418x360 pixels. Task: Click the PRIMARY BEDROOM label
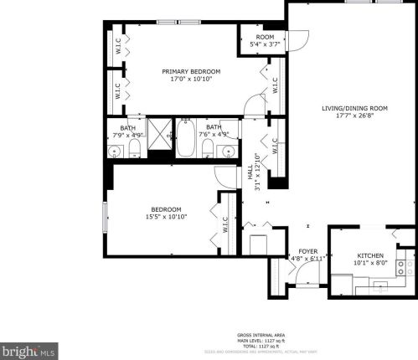pos(187,72)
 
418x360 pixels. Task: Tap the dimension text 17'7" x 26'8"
pos(354,116)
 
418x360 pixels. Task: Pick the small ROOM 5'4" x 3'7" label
pos(265,38)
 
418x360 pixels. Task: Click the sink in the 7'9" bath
pos(116,151)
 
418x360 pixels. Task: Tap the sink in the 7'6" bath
pos(229,151)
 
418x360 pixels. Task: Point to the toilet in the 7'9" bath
pos(134,149)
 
